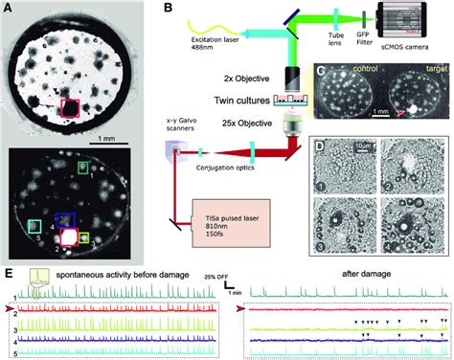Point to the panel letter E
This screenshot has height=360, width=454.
[9, 274]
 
